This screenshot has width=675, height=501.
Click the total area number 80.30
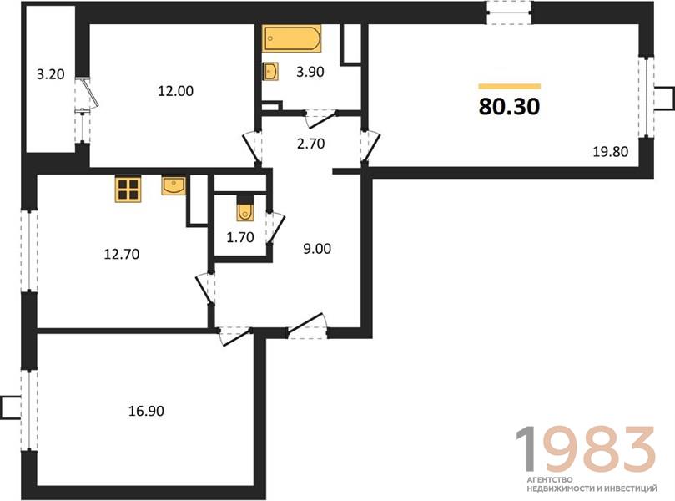(509, 106)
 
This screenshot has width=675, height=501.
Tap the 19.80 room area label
(611, 152)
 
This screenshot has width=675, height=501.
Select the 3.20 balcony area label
(50, 74)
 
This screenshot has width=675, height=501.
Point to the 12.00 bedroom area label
(176, 91)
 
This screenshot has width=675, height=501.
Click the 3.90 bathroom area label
(310, 72)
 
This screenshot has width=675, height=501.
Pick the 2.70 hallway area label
(311, 144)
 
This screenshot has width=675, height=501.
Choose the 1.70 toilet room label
(240, 237)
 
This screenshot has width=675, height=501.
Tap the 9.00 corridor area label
(317, 249)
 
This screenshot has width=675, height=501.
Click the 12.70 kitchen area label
(121, 254)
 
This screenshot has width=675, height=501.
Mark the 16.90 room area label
(146, 411)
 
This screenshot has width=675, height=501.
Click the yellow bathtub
(292, 38)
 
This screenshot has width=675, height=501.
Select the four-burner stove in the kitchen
(128, 188)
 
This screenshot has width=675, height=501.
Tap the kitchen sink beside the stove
(174, 185)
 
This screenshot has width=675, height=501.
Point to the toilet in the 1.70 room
(244, 209)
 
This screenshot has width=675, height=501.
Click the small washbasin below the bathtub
(270, 71)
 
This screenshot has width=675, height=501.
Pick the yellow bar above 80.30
(509, 86)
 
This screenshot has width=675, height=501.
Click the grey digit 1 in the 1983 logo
(530, 448)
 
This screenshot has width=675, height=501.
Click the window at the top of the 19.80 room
(509, 13)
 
